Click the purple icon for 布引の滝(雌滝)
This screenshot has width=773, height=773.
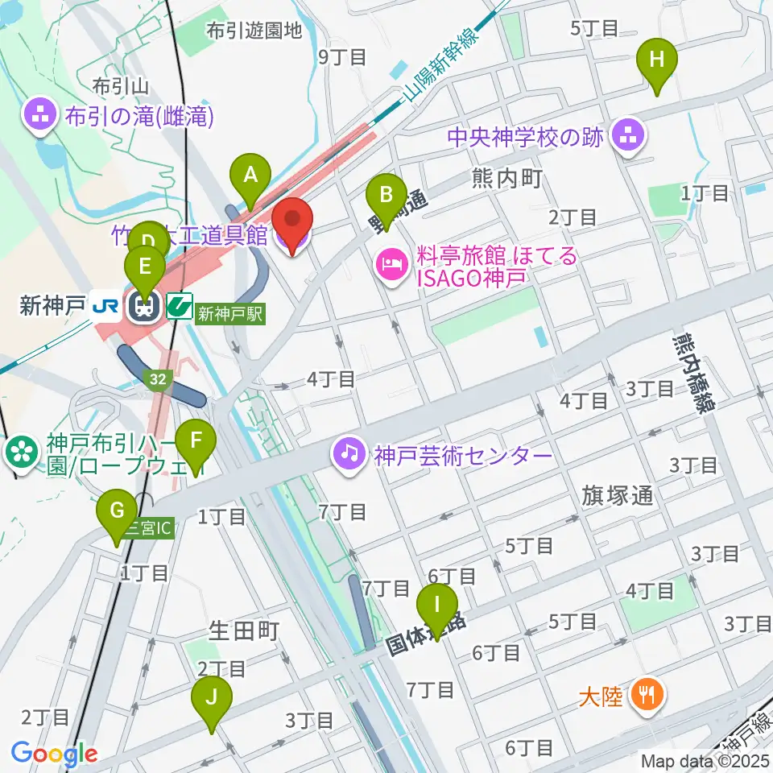[40, 117]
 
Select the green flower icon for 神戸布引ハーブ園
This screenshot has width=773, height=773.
[19, 452]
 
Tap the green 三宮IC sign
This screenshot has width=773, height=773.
[148, 529]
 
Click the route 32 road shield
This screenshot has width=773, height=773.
[158, 378]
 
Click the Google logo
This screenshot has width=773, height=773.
[54, 754]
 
